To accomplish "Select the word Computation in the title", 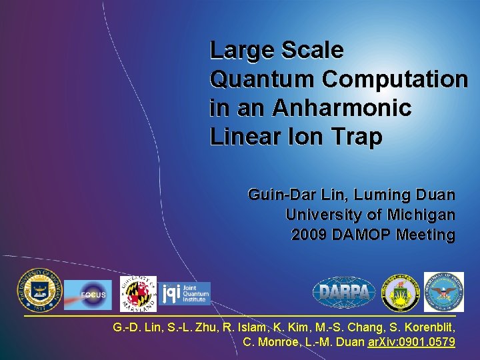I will [395, 79].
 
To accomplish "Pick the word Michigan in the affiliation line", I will [424, 215].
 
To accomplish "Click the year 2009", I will [308, 235].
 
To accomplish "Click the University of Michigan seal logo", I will [39, 290].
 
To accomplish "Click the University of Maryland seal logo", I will [138, 294].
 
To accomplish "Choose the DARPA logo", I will [344, 292].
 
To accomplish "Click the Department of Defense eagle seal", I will [443, 292].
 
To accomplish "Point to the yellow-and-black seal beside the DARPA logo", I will [401, 292].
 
